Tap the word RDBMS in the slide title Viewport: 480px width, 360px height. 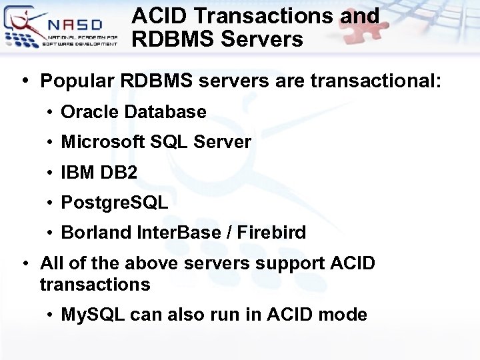172,39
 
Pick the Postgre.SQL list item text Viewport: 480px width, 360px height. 114,203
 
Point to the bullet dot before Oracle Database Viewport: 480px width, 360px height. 51,112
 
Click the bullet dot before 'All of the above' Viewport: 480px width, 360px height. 25,263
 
